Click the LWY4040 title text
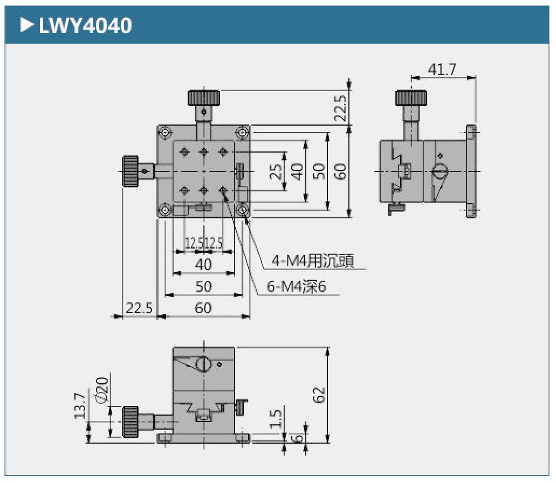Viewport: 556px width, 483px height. [85, 25]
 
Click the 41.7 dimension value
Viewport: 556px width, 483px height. [442, 70]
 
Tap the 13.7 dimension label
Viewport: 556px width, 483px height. [80, 405]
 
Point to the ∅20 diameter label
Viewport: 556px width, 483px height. [102, 389]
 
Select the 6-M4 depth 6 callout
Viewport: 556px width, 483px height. [297, 286]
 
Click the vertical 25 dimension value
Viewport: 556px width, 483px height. [276, 171]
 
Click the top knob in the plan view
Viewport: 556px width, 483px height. [204, 98]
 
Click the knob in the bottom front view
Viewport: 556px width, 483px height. [131, 421]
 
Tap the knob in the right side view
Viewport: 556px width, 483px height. [412, 98]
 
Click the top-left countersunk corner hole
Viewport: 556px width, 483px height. [165, 132]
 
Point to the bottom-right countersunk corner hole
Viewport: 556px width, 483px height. [243, 210]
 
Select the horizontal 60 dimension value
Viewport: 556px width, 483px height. [203, 308]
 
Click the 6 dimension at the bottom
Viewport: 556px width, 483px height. [296, 437]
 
